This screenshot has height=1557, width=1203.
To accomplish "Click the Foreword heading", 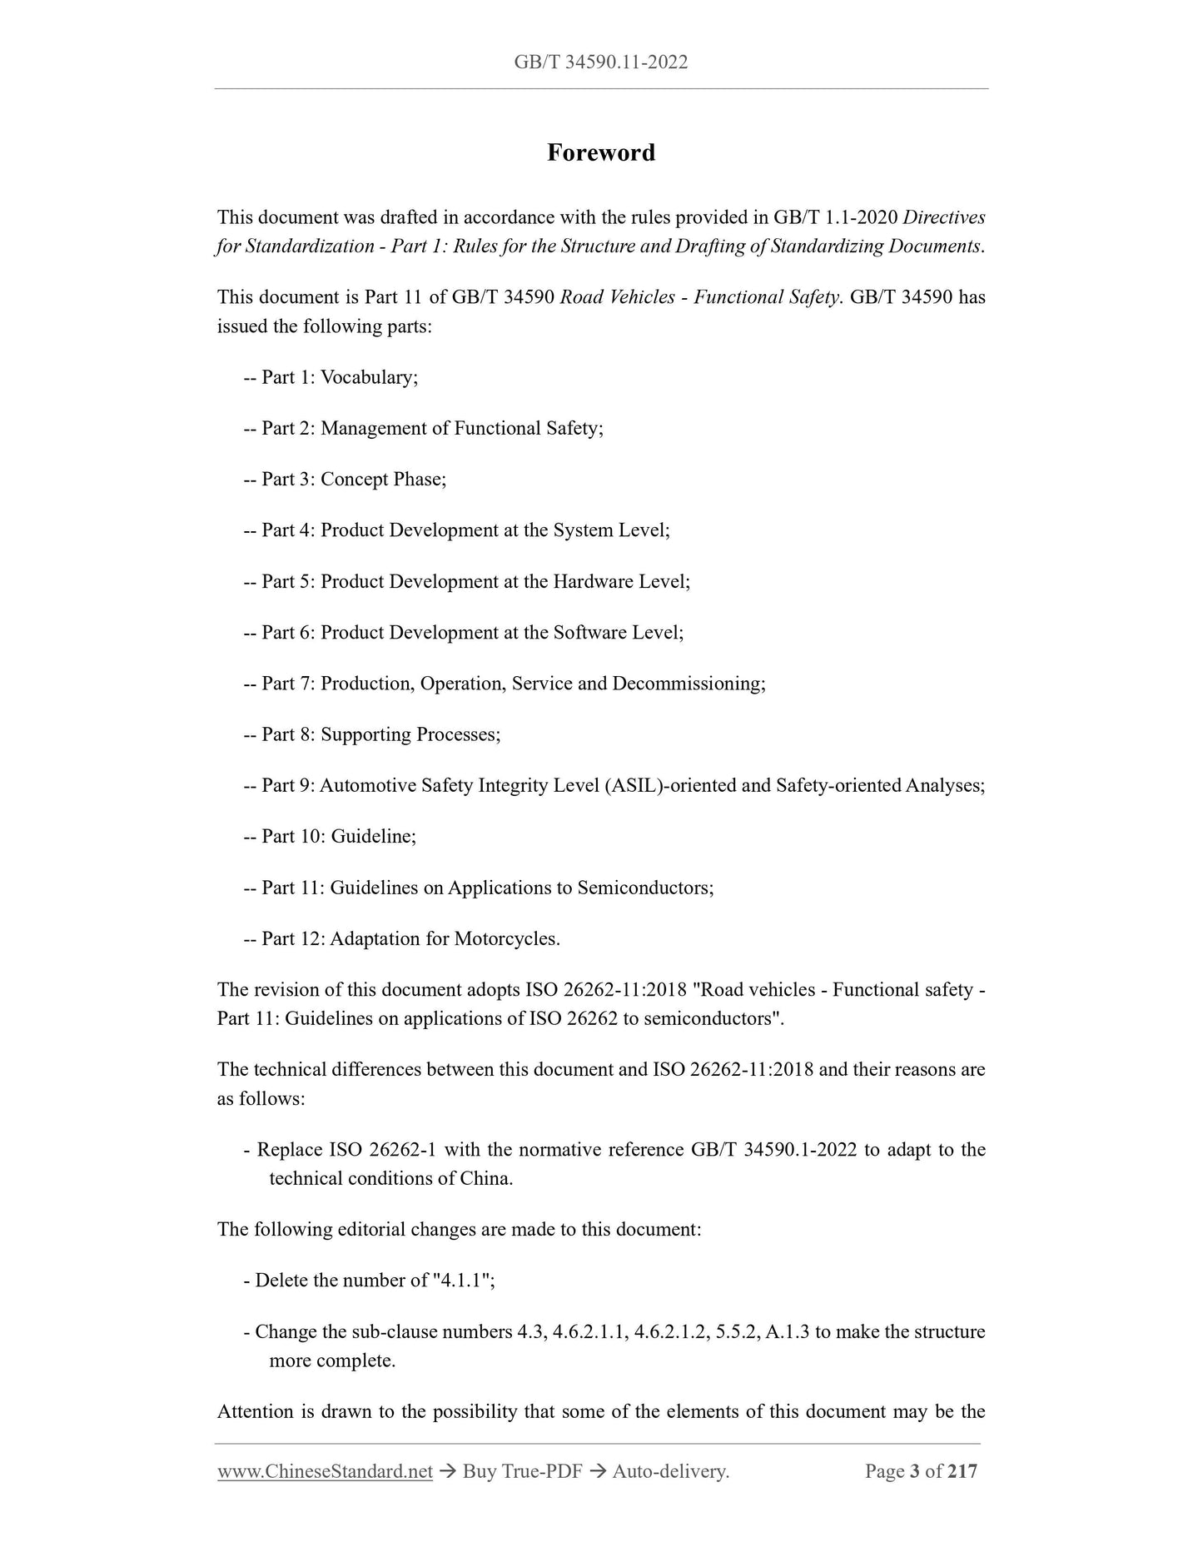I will click(x=600, y=152).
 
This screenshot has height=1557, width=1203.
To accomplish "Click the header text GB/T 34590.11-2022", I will click(x=600, y=62).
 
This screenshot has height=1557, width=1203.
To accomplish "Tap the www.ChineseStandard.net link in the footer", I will click(x=325, y=1471).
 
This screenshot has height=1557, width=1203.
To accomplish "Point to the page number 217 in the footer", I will click(x=962, y=1471).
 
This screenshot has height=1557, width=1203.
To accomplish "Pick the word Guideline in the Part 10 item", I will click(x=371, y=836).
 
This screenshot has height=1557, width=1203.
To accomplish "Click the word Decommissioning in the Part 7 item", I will click(x=687, y=684).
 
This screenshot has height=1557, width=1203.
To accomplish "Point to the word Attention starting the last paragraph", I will click(x=256, y=1411).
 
